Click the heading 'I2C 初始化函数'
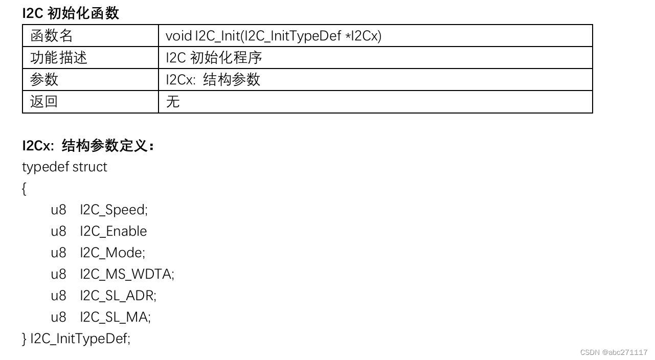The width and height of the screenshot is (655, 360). click(x=71, y=13)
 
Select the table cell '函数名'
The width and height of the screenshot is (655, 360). click(x=52, y=36)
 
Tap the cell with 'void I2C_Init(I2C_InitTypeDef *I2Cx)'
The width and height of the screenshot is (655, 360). click(x=274, y=36)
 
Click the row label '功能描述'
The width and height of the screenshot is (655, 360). click(x=59, y=58)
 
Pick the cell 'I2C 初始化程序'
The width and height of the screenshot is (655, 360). click(x=214, y=58)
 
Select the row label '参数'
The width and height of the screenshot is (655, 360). click(x=44, y=80)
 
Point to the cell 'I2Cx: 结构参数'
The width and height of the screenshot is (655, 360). click(x=213, y=80)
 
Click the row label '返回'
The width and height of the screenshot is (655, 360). click(x=44, y=102)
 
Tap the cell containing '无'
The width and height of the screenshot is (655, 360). click(x=173, y=102)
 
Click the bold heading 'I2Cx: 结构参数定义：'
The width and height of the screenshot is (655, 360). click(x=88, y=146)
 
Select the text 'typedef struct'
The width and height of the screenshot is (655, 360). click(x=64, y=167)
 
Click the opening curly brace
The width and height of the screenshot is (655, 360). click(x=25, y=189)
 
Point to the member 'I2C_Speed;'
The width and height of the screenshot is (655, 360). click(x=114, y=210)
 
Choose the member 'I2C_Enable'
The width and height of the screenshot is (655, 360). click(x=113, y=232)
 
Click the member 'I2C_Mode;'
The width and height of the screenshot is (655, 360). click(x=112, y=253)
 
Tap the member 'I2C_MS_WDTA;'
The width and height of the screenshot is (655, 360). click(x=127, y=275)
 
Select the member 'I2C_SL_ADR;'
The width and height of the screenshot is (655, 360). click(x=118, y=296)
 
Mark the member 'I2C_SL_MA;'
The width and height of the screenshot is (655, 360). click(x=115, y=318)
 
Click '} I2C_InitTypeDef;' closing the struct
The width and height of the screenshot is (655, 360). click(x=76, y=339)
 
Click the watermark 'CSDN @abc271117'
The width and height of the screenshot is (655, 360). click(x=614, y=352)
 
